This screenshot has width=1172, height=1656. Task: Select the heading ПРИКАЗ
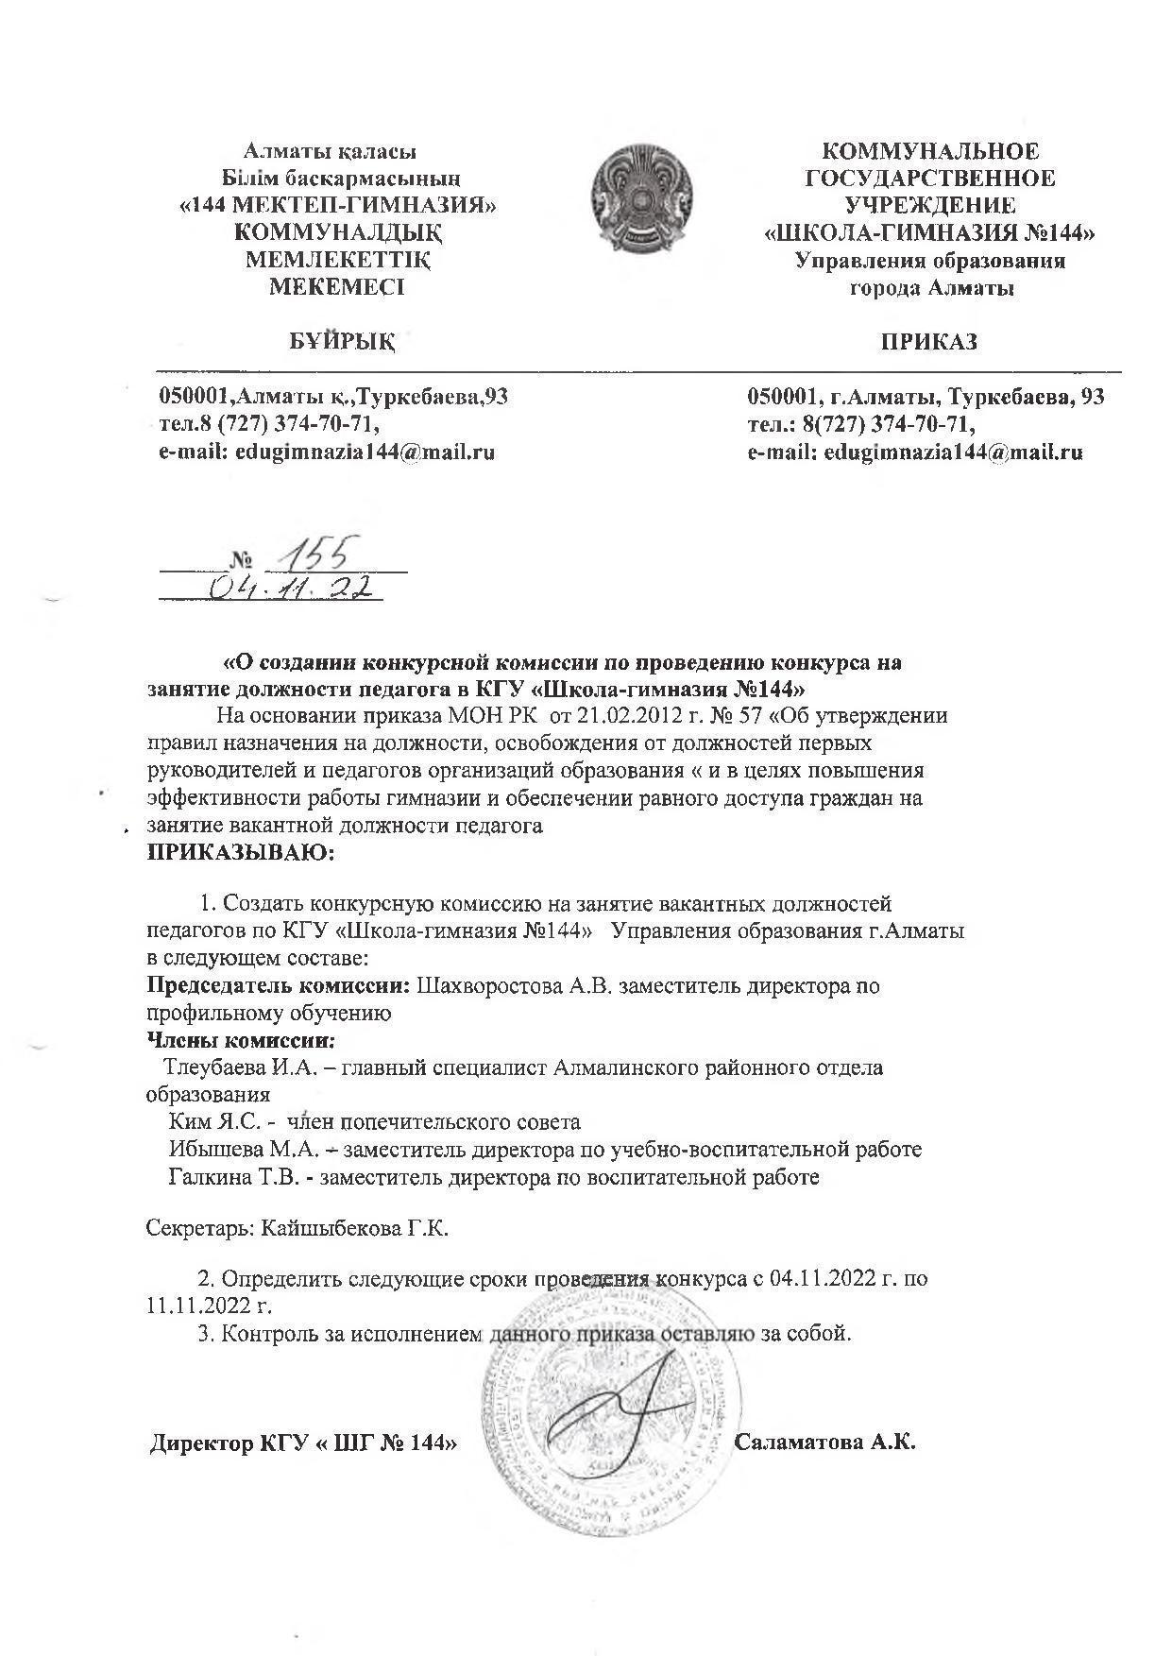[x=928, y=342]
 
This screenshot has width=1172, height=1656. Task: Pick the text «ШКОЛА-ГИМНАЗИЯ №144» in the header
[x=929, y=232]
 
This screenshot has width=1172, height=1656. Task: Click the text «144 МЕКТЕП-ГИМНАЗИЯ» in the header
[x=337, y=205]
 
